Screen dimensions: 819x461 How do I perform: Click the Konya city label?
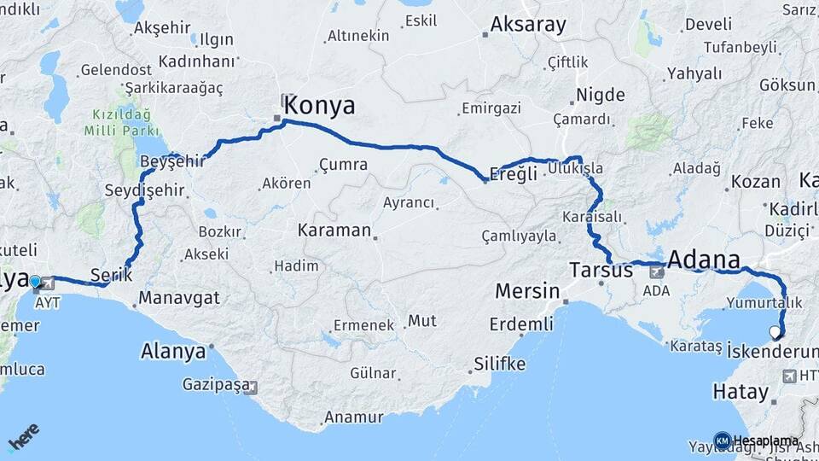coord(319,106)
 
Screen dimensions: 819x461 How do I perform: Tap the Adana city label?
coord(704,260)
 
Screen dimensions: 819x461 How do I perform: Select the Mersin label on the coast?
coord(528,291)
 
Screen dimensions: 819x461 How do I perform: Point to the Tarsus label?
coord(601,271)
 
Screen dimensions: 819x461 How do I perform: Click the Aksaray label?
coord(528,25)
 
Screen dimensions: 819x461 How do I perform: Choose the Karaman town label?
coord(334,230)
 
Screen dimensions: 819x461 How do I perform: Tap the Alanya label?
coord(173,351)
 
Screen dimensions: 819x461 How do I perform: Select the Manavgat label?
coord(179,298)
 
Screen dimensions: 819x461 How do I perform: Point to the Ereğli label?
coord(514,173)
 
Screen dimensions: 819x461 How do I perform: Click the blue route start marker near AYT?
coord(35,281)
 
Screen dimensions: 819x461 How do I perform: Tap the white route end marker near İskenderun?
coord(775,332)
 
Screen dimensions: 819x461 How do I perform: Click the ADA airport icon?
coord(657,273)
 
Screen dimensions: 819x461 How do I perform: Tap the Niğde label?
coord(601,95)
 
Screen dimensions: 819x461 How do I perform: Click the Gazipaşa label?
coord(212,385)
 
